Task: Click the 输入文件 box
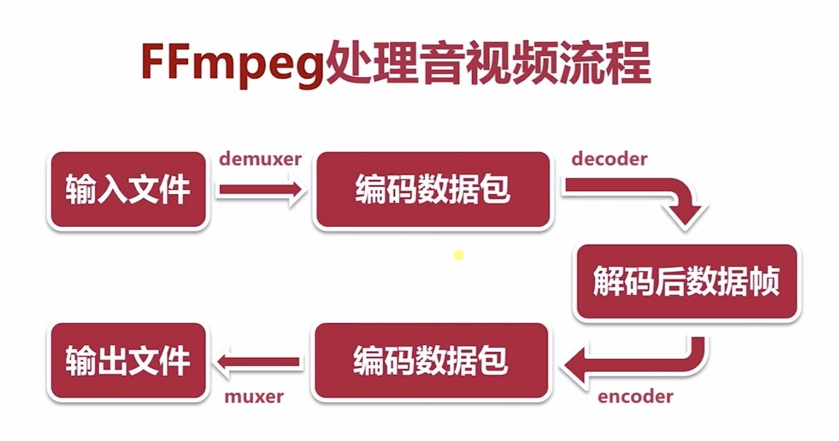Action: (x=128, y=190)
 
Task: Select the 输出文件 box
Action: (x=128, y=360)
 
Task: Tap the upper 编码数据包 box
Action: (x=433, y=190)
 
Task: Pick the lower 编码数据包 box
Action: (x=431, y=360)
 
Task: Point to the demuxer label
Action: (x=260, y=159)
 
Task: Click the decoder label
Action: (x=609, y=159)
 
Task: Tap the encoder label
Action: (x=635, y=397)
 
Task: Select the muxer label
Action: (x=254, y=397)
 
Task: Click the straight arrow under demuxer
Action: (x=260, y=190)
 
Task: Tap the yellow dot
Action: (x=459, y=255)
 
